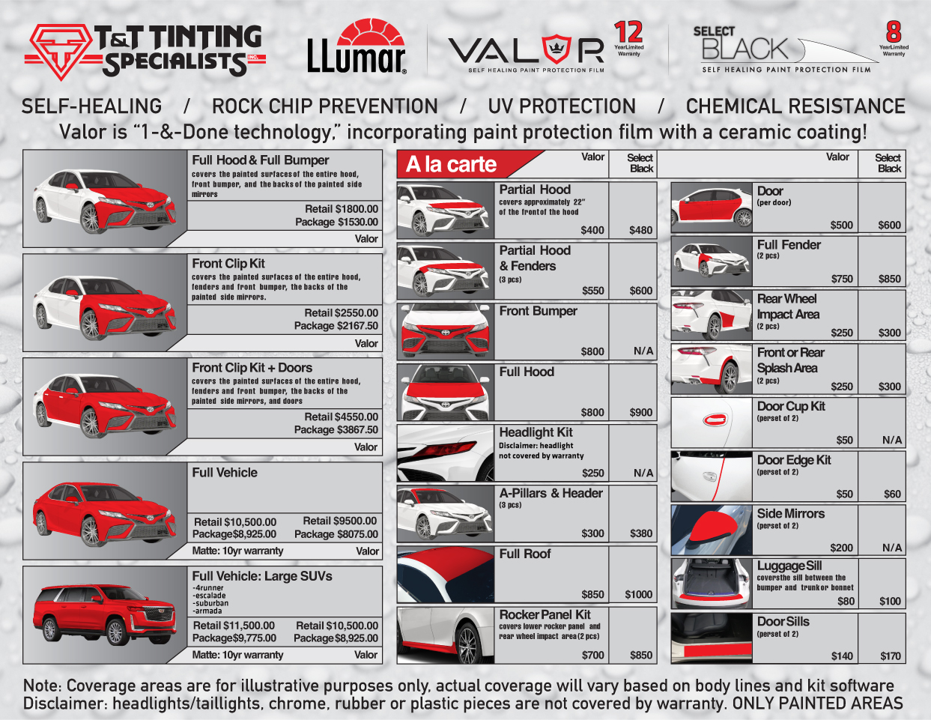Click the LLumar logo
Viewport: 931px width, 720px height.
pos(357,46)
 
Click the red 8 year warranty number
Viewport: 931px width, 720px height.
pos(894,31)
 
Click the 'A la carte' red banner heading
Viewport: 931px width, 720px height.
pos(451,164)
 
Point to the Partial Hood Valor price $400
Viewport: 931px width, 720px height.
pos(592,230)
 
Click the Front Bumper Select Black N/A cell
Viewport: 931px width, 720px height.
pos(643,351)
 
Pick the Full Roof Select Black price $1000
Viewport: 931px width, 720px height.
pos(638,594)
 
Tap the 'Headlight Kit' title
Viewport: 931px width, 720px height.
pos(536,432)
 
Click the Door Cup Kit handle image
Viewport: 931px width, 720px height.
pos(712,423)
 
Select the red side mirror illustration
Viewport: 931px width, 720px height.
pos(712,530)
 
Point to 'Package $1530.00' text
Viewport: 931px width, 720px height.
pos(336,222)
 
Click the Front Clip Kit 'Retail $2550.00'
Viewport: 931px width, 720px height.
pos(341,313)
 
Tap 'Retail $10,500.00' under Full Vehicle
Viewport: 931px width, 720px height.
pos(234,522)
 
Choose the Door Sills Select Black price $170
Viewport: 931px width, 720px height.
pos(891,656)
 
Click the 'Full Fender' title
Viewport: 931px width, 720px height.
pos(789,245)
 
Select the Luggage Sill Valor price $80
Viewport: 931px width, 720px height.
pos(846,602)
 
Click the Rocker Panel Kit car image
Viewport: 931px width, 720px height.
pos(446,635)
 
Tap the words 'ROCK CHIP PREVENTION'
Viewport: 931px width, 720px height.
pos(325,106)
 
